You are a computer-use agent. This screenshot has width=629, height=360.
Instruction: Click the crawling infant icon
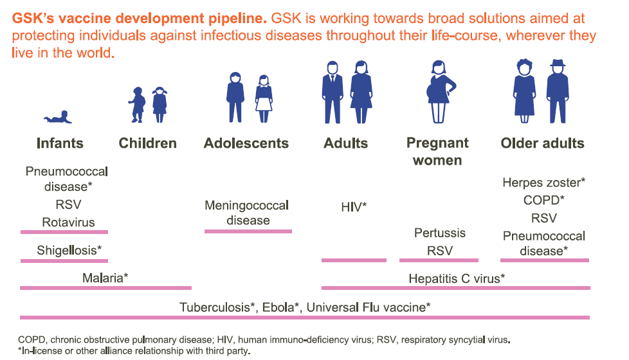click(x=58, y=117)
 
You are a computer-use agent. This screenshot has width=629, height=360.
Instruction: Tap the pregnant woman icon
click(x=440, y=92)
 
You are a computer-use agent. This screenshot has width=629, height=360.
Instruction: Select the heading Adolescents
click(x=246, y=143)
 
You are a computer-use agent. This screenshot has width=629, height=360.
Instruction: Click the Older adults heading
click(x=542, y=143)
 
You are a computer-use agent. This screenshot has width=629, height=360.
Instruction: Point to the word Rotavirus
click(x=68, y=222)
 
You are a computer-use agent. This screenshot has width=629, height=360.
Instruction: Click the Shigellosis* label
click(x=69, y=250)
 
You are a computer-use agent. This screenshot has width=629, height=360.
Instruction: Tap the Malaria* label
click(x=105, y=278)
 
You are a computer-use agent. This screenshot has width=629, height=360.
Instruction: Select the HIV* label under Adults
click(x=354, y=207)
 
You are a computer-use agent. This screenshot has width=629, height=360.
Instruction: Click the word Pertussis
click(x=440, y=233)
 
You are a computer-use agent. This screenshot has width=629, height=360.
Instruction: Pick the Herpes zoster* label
click(x=543, y=183)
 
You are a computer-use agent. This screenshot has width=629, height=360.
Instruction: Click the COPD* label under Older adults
click(x=543, y=200)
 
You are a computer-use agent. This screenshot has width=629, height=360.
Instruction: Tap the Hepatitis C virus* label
click(x=457, y=278)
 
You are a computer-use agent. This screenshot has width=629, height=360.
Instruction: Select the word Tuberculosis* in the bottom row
click(x=217, y=307)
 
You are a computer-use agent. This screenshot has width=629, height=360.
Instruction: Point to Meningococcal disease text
click(x=247, y=213)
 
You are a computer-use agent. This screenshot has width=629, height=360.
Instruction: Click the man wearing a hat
click(x=557, y=91)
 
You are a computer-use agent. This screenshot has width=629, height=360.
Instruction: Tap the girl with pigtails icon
click(x=160, y=105)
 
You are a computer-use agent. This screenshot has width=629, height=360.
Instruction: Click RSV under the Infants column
click(x=68, y=204)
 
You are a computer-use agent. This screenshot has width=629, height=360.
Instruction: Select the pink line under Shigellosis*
click(x=64, y=261)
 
